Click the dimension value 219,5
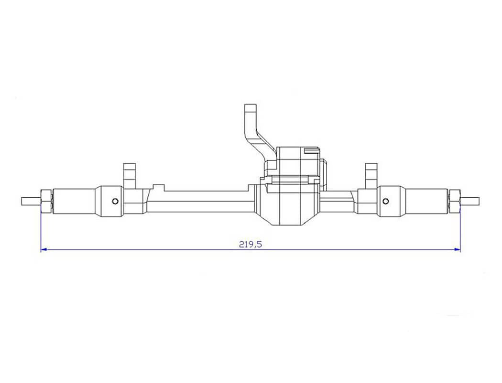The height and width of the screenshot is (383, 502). click(251, 244)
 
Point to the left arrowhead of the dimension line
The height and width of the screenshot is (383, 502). click(44, 249)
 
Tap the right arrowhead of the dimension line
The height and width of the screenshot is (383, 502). click(458, 249)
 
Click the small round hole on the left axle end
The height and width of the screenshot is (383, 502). click(115, 201)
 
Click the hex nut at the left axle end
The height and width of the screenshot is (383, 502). click(46, 201)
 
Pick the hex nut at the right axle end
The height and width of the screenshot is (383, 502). click(455, 201)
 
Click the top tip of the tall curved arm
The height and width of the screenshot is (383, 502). click(251, 107)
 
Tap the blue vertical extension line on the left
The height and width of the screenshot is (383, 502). click(41, 230)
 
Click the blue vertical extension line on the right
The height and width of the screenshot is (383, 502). click(460, 230)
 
